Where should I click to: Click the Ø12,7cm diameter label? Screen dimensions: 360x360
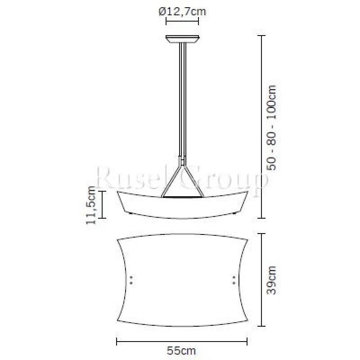[x=182, y=12]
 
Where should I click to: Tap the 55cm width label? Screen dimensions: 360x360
[x=181, y=351]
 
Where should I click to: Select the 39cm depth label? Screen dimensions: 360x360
[x=272, y=280]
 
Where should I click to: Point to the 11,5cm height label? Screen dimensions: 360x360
[x=90, y=205]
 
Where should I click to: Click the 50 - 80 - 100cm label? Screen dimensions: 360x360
[x=272, y=127]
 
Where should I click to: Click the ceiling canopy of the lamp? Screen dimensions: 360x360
[x=183, y=39]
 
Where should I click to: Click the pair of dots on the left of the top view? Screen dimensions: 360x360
[x=131, y=280]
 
